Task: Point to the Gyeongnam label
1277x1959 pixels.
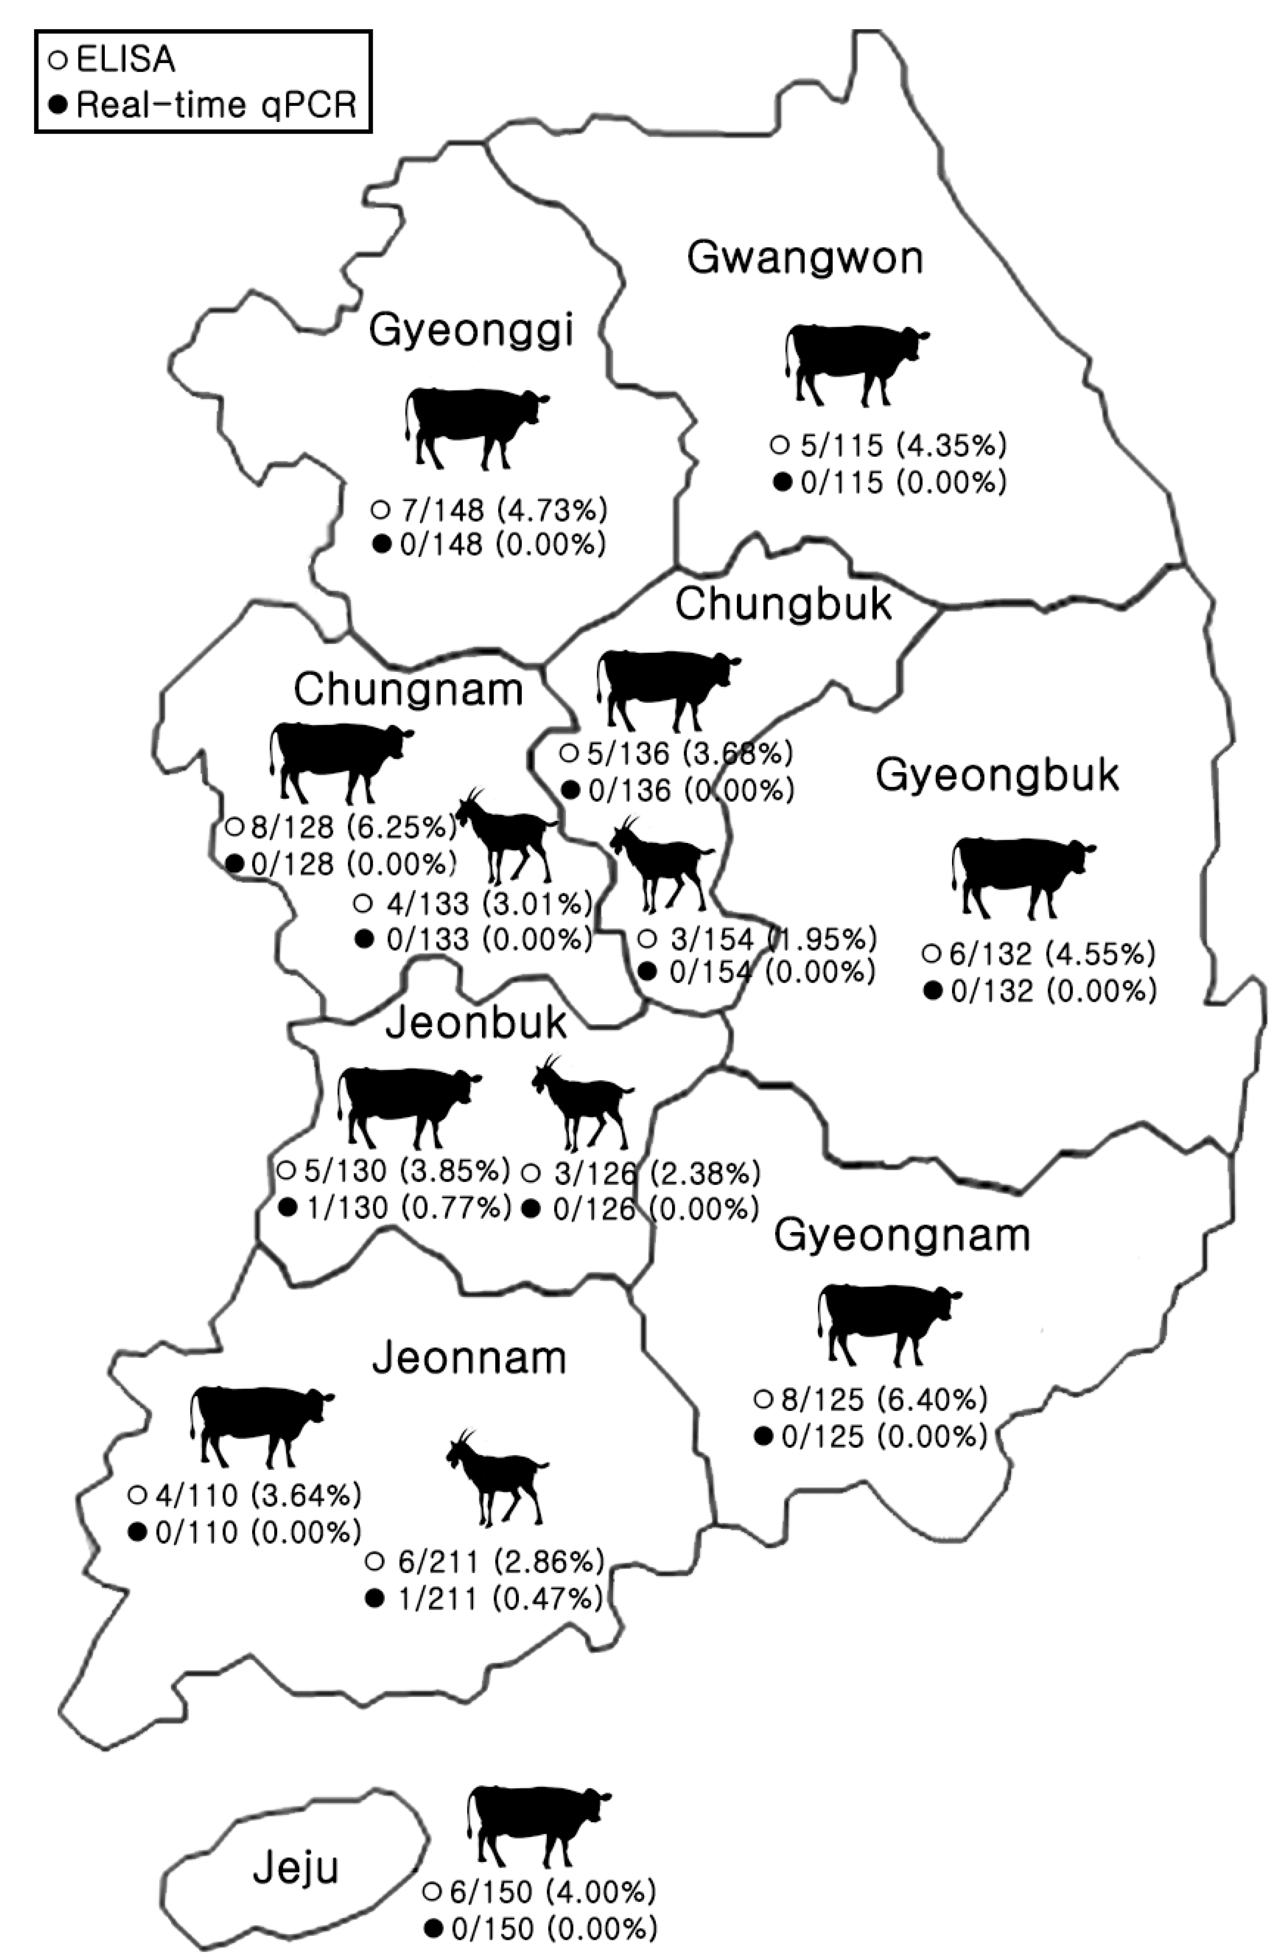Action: pyautogui.click(x=902, y=1236)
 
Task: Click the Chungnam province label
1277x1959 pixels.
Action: pyautogui.click(x=408, y=690)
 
